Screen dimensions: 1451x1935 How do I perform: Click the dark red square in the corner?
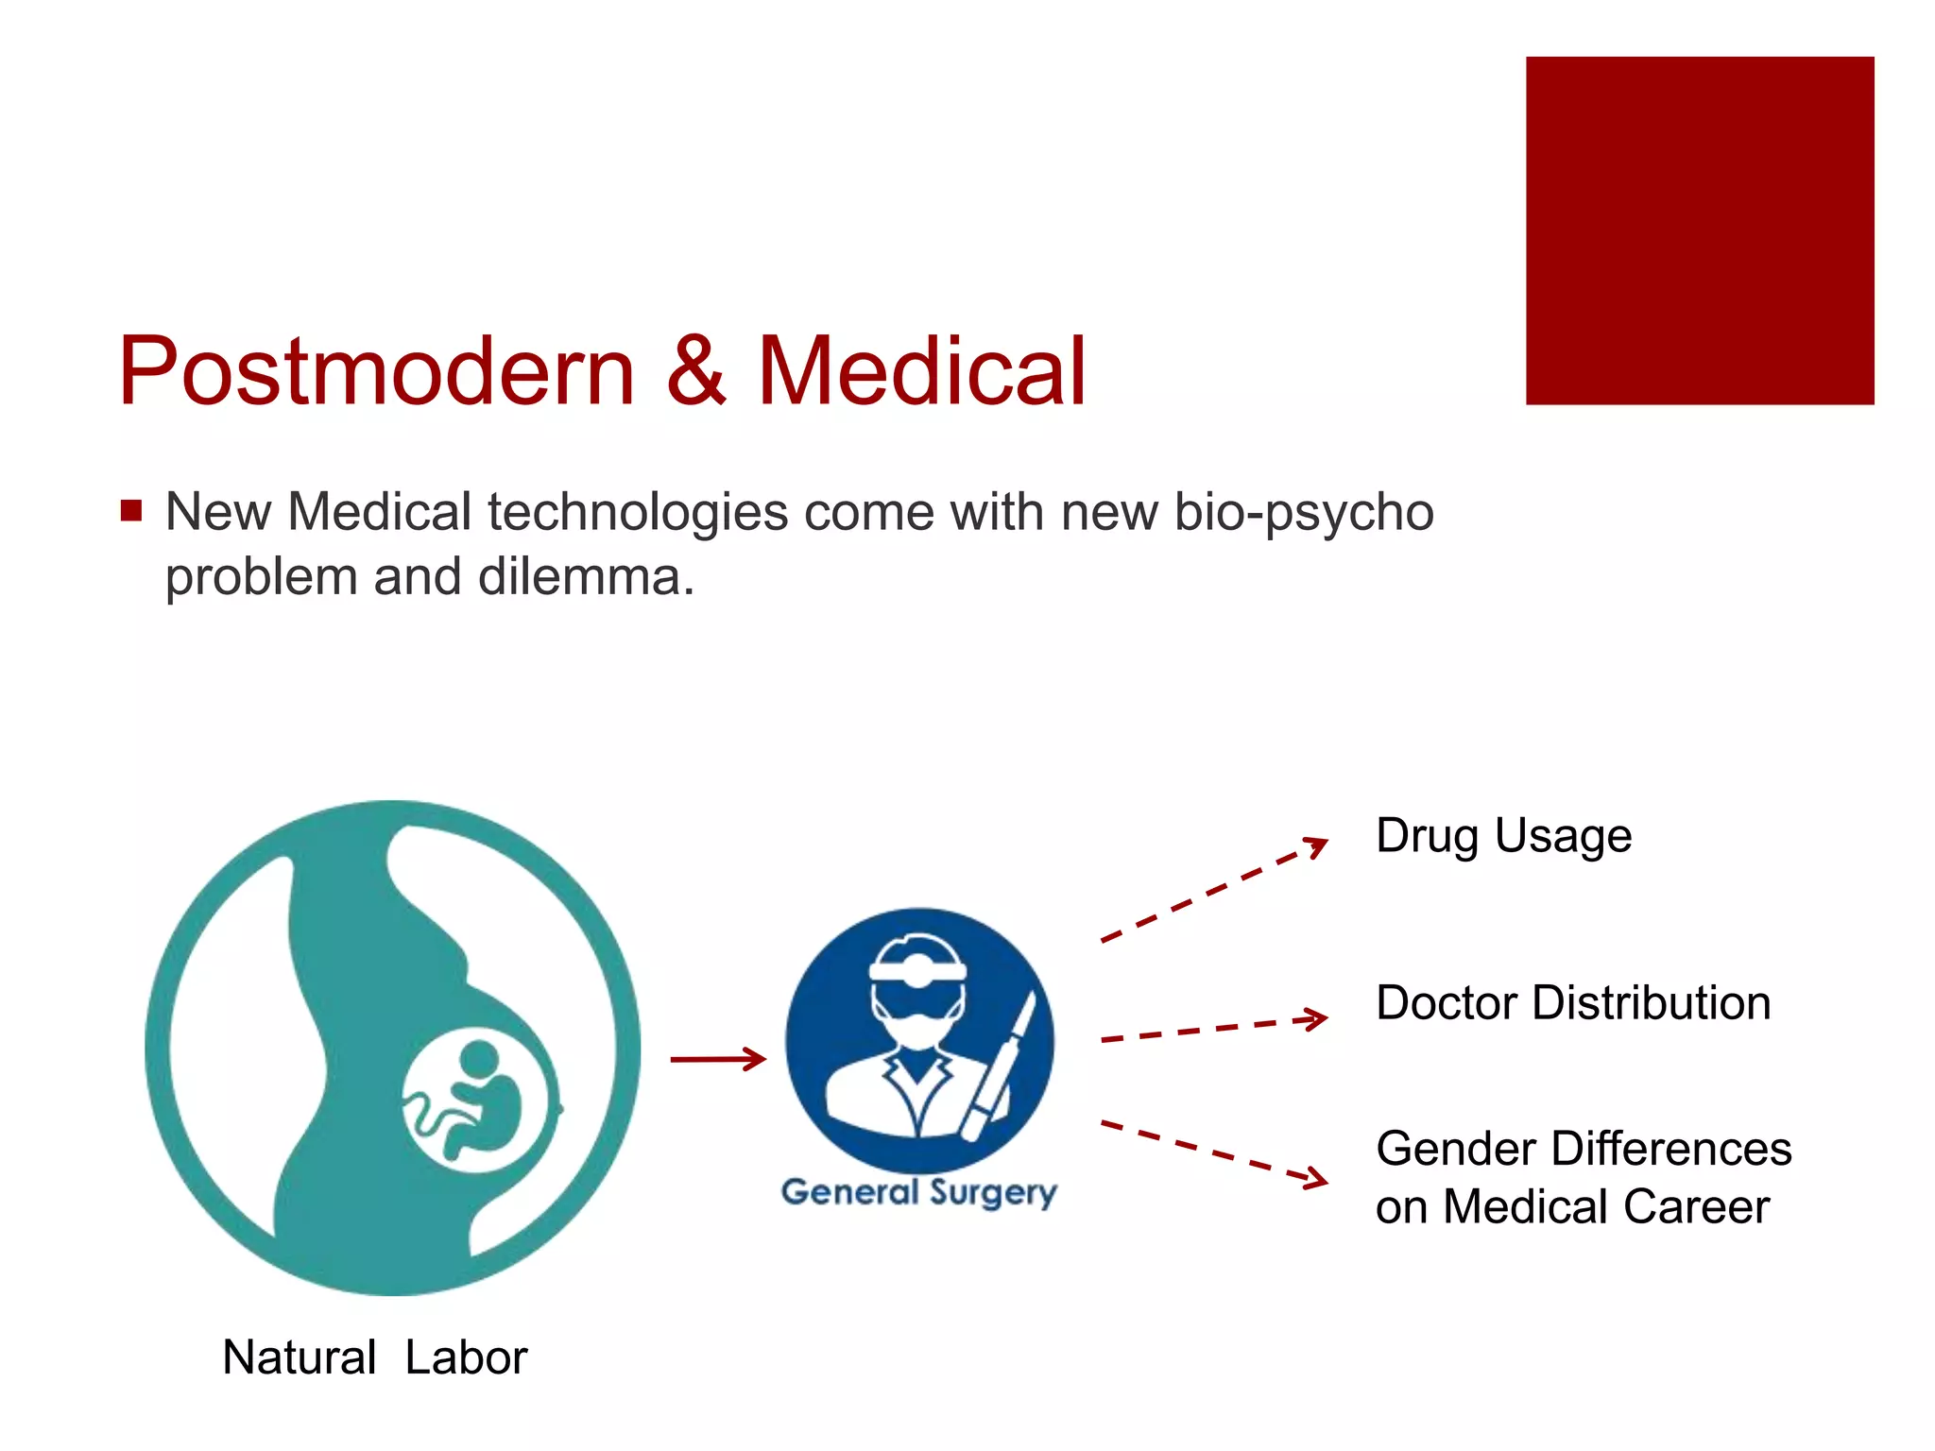(1699, 230)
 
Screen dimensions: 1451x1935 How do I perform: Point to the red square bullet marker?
(131, 511)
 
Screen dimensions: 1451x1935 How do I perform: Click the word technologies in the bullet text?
(638, 513)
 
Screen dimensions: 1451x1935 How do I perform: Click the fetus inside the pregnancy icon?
(482, 1101)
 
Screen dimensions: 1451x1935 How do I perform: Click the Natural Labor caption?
(374, 1357)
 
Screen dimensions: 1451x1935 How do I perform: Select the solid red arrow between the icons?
(718, 1059)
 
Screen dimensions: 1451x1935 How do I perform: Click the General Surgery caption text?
(918, 1192)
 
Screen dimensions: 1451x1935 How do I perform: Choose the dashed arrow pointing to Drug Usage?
(1214, 889)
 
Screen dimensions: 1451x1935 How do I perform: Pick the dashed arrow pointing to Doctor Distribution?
(1214, 1029)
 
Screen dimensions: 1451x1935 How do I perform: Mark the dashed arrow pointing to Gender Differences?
(1214, 1152)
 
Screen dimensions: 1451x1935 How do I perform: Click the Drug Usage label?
(1503, 836)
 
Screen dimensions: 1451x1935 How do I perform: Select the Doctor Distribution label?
(1573, 1002)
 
